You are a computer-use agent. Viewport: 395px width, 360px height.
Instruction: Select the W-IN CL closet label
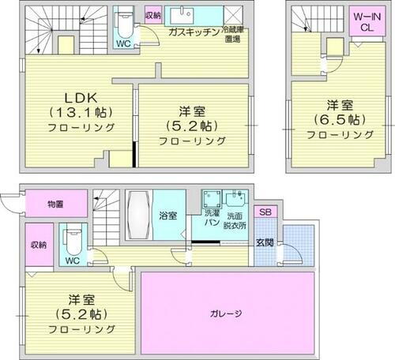(363, 22)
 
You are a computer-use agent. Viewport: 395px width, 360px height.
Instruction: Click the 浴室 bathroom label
(167, 214)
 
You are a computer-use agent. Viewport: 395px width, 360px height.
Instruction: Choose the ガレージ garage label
(228, 312)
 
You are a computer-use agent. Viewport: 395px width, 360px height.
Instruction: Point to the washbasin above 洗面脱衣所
(235, 198)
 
